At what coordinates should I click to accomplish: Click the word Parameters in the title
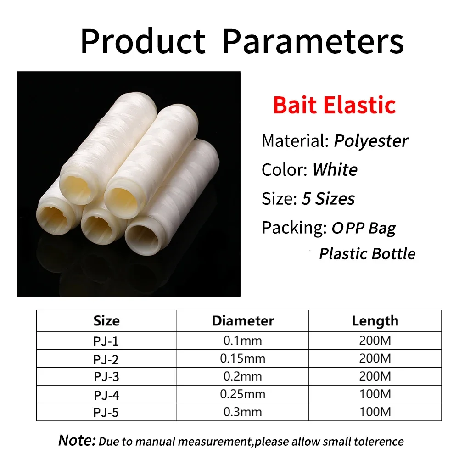pyautogui.click(x=313, y=42)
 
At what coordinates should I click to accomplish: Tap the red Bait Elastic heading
pyautogui.click(x=334, y=105)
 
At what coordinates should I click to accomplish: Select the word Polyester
pyautogui.click(x=371, y=141)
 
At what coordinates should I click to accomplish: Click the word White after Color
pyautogui.click(x=335, y=170)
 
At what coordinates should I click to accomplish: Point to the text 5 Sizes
pyautogui.click(x=328, y=199)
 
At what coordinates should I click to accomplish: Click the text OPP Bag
pyautogui.click(x=364, y=228)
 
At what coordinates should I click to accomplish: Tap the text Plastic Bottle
pyautogui.click(x=367, y=254)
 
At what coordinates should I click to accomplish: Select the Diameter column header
pyautogui.click(x=243, y=321)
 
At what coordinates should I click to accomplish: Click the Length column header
pyautogui.click(x=375, y=321)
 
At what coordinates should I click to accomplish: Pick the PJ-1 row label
pyautogui.click(x=106, y=341)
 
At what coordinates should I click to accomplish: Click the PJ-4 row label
pyautogui.click(x=106, y=394)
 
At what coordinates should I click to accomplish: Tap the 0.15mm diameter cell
pyautogui.click(x=243, y=358)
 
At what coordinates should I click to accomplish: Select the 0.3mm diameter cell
pyautogui.click(x=243, y=412)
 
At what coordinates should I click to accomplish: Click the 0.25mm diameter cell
pyautogui.click(x=243, y=394)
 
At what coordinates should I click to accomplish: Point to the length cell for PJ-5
pyautogui.click(x=375, y=412)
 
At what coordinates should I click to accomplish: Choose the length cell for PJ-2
pyautogui.click(x=375, y=358)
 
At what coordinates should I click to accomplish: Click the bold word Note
pyautogui.click(x=77, y=441)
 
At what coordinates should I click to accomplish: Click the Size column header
pyautogui.click(x=106, y=321)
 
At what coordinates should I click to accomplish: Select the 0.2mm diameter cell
pyautogui.click(x=243, y=376)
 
